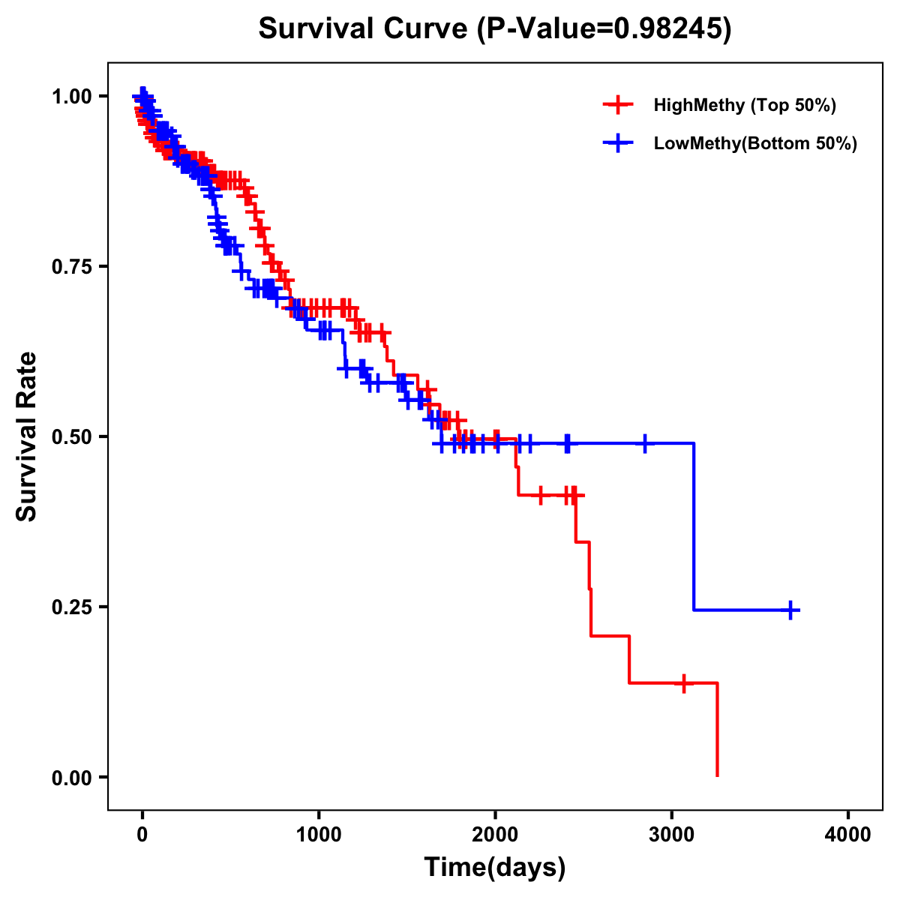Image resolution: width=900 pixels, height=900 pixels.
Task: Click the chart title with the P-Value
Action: coord(495,28)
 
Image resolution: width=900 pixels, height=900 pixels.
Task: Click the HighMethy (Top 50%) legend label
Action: coord(745,105)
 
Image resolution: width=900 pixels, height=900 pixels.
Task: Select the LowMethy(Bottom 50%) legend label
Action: coord(755,143)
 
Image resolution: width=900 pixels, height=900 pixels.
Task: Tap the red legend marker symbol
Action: coord(617,105)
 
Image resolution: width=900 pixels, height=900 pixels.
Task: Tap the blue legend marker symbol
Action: coord(617,143)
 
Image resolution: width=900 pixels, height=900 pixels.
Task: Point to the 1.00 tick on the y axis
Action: coord(73,96)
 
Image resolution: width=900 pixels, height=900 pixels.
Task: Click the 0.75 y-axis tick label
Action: coord(73,266)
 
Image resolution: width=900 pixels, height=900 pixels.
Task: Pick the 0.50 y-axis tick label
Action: coord(73,436)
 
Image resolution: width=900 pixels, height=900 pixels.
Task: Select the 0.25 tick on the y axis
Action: coord(73,607)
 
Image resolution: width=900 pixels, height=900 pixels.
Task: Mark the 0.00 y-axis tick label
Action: coord(73,777)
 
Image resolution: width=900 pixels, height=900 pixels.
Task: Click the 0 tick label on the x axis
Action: coord(142,835)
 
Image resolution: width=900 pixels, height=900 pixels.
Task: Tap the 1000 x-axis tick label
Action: coord(319,835)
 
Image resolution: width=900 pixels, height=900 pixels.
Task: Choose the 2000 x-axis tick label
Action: coord(496,835)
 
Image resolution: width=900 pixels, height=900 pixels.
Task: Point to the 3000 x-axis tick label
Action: coord(672,835)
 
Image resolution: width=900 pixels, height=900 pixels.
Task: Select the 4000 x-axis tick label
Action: coord(848,835)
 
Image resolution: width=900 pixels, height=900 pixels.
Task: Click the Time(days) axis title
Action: coord(495,868)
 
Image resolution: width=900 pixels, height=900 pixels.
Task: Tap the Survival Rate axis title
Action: coord(27,436)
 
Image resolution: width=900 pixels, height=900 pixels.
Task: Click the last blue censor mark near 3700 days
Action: coord(790,610)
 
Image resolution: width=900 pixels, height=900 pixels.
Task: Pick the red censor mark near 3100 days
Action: coord(684,683)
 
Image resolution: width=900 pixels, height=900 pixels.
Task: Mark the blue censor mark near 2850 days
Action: coord(644,443)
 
